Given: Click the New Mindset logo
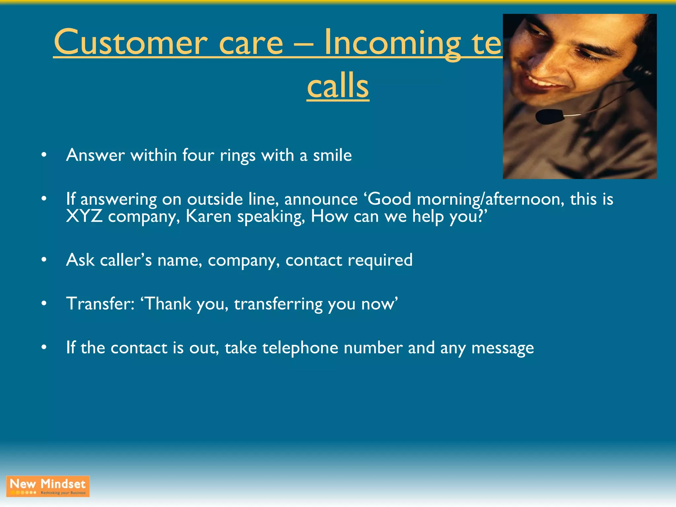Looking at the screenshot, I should pos(48,486).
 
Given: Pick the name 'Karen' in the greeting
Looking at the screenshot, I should pos(209,217).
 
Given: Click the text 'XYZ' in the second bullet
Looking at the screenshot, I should pos(84,217).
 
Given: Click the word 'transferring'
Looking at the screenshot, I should pos(278,304).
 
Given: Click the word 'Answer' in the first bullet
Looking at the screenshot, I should pos(95,155).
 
